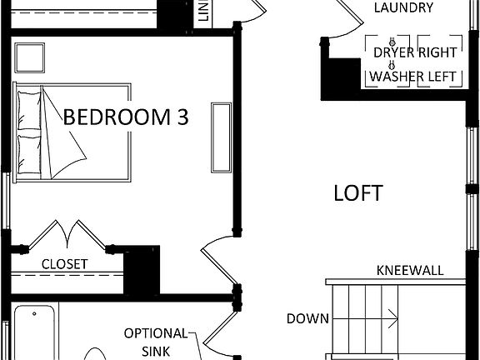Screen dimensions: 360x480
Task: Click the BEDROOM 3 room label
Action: [x=127, y=117]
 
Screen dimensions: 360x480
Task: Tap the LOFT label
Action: [x=357, y=193]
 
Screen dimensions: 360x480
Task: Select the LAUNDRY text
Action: [x=403, y=8]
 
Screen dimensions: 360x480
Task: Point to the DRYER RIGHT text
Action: [x=414, y=52]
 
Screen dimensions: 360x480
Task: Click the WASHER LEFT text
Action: [x=413, y=77]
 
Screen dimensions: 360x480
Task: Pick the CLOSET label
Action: [x=65, y=263]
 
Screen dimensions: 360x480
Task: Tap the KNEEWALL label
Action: [x=409, y=271]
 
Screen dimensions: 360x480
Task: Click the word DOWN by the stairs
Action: [x=307, y=317]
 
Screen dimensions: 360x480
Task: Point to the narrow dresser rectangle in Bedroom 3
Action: [x=222, y=137]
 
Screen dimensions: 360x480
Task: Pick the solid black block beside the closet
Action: [x=141, y=269]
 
